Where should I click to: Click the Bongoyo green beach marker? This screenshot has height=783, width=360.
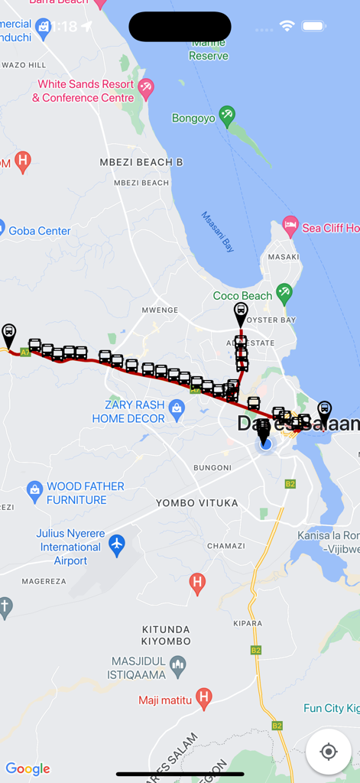click(x=226, y=115)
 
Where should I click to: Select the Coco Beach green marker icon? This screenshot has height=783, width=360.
click(x=284, y=292)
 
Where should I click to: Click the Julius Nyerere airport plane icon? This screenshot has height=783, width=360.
click(x=116, y=544)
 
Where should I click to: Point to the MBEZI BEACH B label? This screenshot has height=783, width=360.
click(x=141, y=162)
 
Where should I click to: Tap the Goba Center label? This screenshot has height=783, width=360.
click(x=39, y=231)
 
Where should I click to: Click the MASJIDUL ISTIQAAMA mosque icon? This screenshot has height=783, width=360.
click(x=177, y=664)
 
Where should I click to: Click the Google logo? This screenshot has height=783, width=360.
click(x=28, y=768)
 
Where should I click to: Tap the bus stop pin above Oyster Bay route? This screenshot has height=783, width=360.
click(x=241, y=312)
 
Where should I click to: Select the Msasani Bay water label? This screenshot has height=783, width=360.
click(x=218, y=231)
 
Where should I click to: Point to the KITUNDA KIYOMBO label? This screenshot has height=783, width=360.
click(x=166, y=635)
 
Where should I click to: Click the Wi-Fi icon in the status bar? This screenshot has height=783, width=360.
click(x=287, y=26)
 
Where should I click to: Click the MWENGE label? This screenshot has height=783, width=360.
click(x=160, y=310)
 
